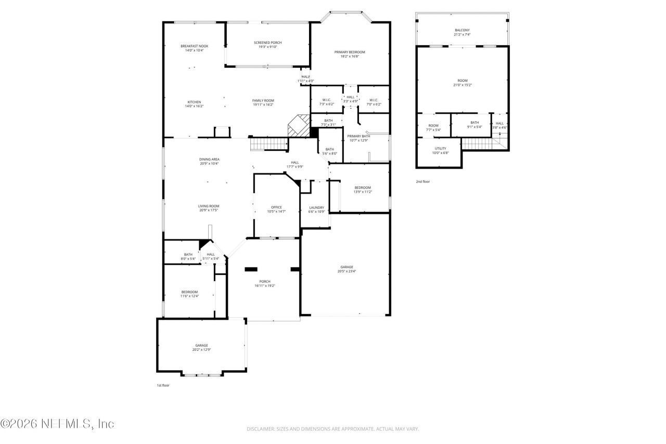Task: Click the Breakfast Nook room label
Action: coord(194,46)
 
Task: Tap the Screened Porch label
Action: coord(267,43)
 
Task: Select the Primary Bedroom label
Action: coord(349,52)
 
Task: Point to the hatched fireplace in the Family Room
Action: coord(298,126)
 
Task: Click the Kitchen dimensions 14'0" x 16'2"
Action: coord(194,106)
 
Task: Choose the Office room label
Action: coord(276,207)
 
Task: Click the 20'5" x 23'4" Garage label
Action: coord(346,271)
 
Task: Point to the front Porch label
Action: coord(265,282)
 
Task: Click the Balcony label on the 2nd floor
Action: coord(462,30)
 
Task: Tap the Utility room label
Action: coord(440,148)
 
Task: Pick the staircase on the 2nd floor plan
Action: coord(476,143)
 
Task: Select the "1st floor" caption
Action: coord(163,386)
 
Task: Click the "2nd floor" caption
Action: coord(422,182)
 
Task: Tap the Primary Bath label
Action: coord(358,136)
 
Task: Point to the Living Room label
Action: coord(208,206)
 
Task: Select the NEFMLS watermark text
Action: coord(57,424)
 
